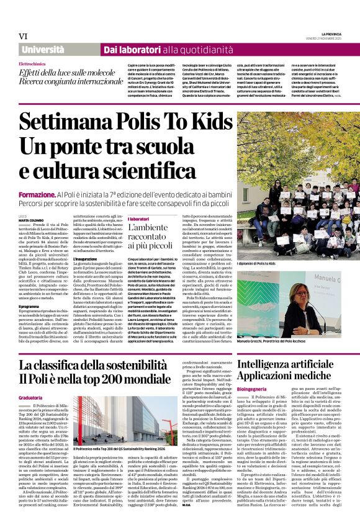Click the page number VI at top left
[23, 37]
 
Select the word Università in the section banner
[42, 48]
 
